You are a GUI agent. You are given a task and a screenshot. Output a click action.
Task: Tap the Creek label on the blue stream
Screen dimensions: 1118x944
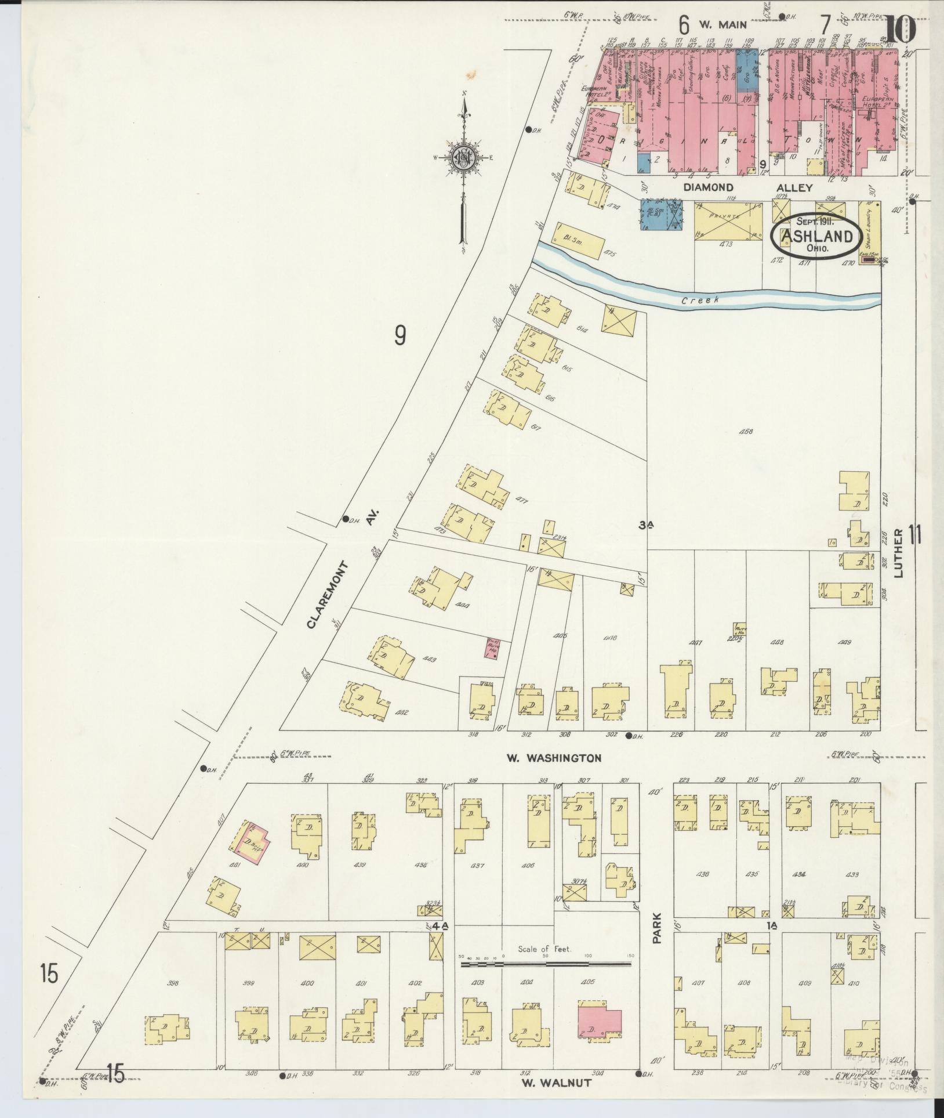700,300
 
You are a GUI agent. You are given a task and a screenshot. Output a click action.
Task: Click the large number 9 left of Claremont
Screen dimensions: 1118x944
400,336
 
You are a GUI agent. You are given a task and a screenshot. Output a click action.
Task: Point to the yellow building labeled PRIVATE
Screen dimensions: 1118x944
728,220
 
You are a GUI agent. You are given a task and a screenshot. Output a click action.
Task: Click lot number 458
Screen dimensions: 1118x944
747,432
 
